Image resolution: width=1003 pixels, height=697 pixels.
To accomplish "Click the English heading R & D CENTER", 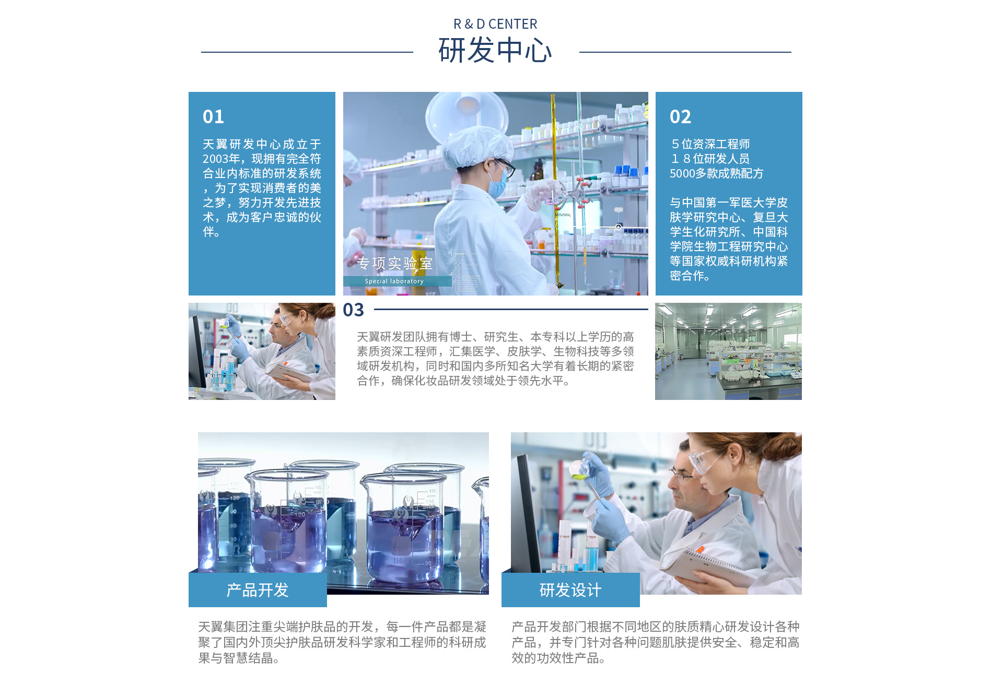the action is [495, 24].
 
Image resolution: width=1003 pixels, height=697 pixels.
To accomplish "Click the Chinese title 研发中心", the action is [495, 51].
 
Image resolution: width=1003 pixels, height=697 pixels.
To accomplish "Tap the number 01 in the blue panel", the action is [213, 116].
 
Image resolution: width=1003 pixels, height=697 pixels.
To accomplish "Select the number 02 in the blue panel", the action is [680, 116].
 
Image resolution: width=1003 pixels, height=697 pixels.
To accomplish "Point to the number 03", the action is [353, 310].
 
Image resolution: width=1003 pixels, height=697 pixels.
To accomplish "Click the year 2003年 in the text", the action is [221, 159].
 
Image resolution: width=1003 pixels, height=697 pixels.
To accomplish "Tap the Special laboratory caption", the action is [394, 281].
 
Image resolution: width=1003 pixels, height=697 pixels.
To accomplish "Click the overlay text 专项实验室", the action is [395, 264].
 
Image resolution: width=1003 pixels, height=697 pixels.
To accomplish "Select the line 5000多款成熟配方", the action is [717, 173].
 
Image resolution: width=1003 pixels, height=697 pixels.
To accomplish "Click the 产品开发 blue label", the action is [258, 590].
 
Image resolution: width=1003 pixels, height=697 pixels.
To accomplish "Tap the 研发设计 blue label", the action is [570, 590].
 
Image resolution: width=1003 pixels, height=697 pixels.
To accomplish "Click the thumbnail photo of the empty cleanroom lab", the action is [728, 351].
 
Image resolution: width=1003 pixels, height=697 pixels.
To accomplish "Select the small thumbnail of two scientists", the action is [262, 351].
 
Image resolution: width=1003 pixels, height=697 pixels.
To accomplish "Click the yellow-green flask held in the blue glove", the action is [578, 470].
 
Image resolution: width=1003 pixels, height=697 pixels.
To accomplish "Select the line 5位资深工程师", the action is [710, 144].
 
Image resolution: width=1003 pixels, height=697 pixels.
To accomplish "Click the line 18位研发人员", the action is [710, 159].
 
